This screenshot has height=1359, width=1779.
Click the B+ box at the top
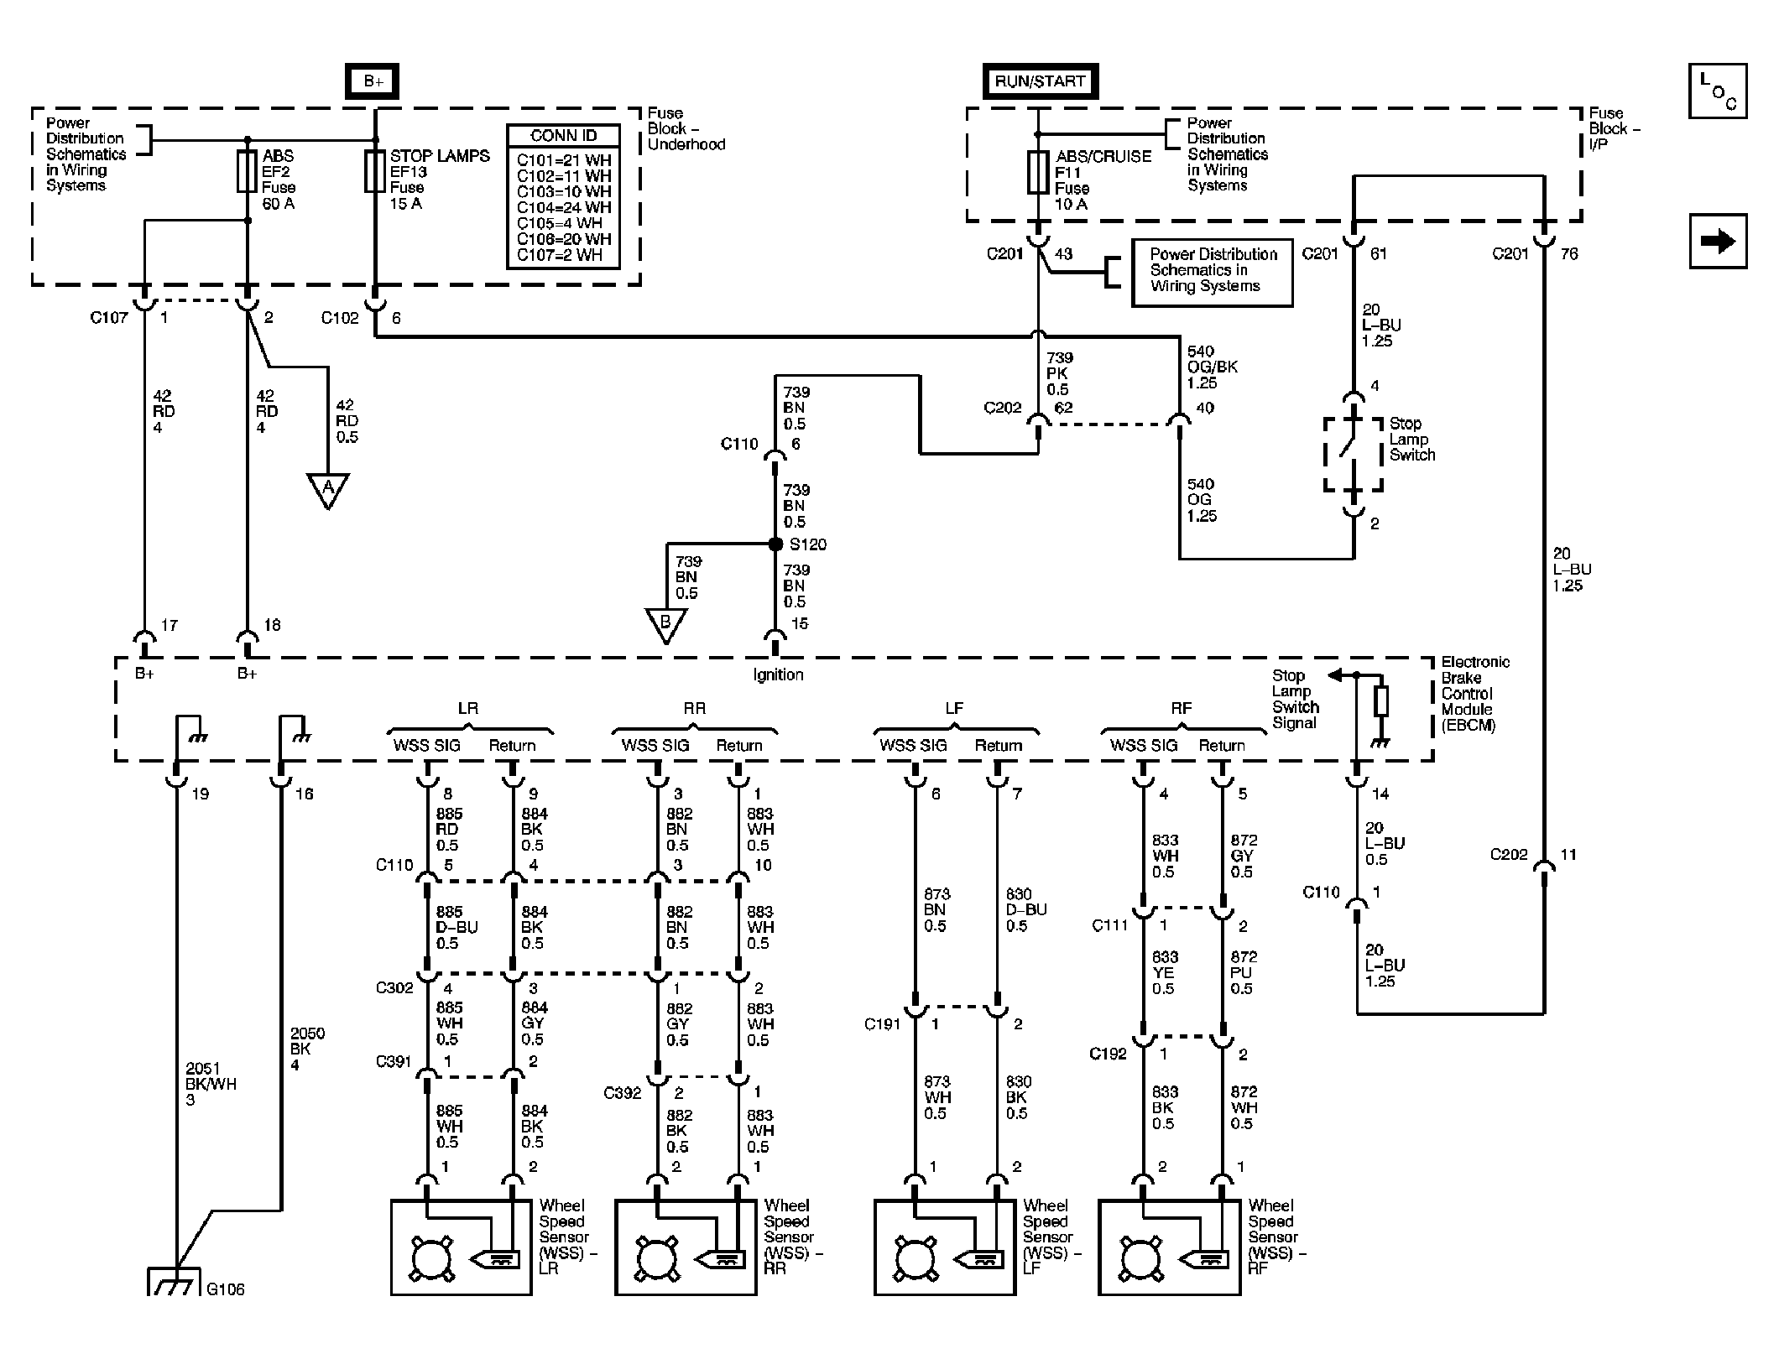point(373,82)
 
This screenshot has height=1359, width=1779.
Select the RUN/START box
point(1040,81)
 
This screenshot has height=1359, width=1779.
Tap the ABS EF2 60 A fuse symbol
point(248,172)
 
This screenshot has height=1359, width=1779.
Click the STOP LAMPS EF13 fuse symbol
point(375,171)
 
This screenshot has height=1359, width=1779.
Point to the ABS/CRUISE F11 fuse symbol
point(1038,173)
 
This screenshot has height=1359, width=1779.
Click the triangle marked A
point(327,490)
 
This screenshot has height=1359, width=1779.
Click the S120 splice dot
point(776,544)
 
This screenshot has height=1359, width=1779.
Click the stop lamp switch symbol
point(1353,454)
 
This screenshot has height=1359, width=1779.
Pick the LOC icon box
point(1718,91)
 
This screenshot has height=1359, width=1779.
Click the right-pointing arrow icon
point(1718,242)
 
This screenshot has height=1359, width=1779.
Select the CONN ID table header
point(564,136)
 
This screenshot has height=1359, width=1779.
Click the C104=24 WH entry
point(564,207)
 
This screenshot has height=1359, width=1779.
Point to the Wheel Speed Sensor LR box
point(461,1247)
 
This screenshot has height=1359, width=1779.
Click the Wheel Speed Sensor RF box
point(1169,1247)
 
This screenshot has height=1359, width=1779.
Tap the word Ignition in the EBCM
point(778,674)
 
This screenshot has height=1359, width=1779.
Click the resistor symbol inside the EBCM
point(1380,701)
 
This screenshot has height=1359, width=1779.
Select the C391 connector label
point(394,1062)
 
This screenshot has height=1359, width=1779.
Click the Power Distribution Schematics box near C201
point(1212,273)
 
